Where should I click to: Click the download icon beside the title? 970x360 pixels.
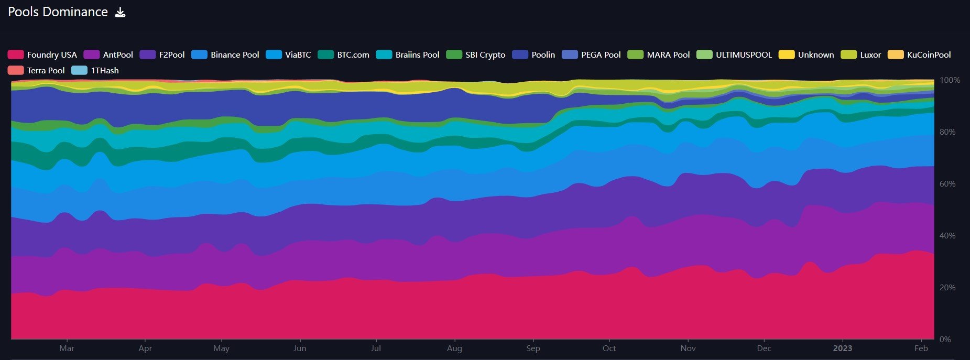[120, 12]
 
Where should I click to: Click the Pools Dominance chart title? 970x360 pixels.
[58, 12]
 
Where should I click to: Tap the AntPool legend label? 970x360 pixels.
[117, 54]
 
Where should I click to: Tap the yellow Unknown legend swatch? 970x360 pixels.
[787, 54]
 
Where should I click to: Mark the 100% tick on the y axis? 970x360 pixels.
[950, 80]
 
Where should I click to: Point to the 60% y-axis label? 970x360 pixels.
[947, 184]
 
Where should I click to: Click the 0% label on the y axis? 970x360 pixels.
[945, 339]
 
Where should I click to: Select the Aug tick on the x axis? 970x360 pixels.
[454, 348]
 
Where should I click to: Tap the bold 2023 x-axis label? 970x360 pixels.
[843, 348]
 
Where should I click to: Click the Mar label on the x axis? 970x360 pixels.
[67, 348]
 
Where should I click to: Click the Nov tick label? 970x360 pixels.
[688, 348]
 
